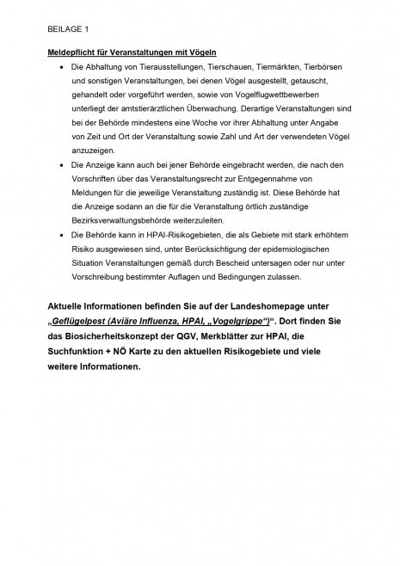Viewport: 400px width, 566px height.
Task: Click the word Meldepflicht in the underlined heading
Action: [72, 53]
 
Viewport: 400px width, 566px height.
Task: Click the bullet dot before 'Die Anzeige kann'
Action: [61, 164]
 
